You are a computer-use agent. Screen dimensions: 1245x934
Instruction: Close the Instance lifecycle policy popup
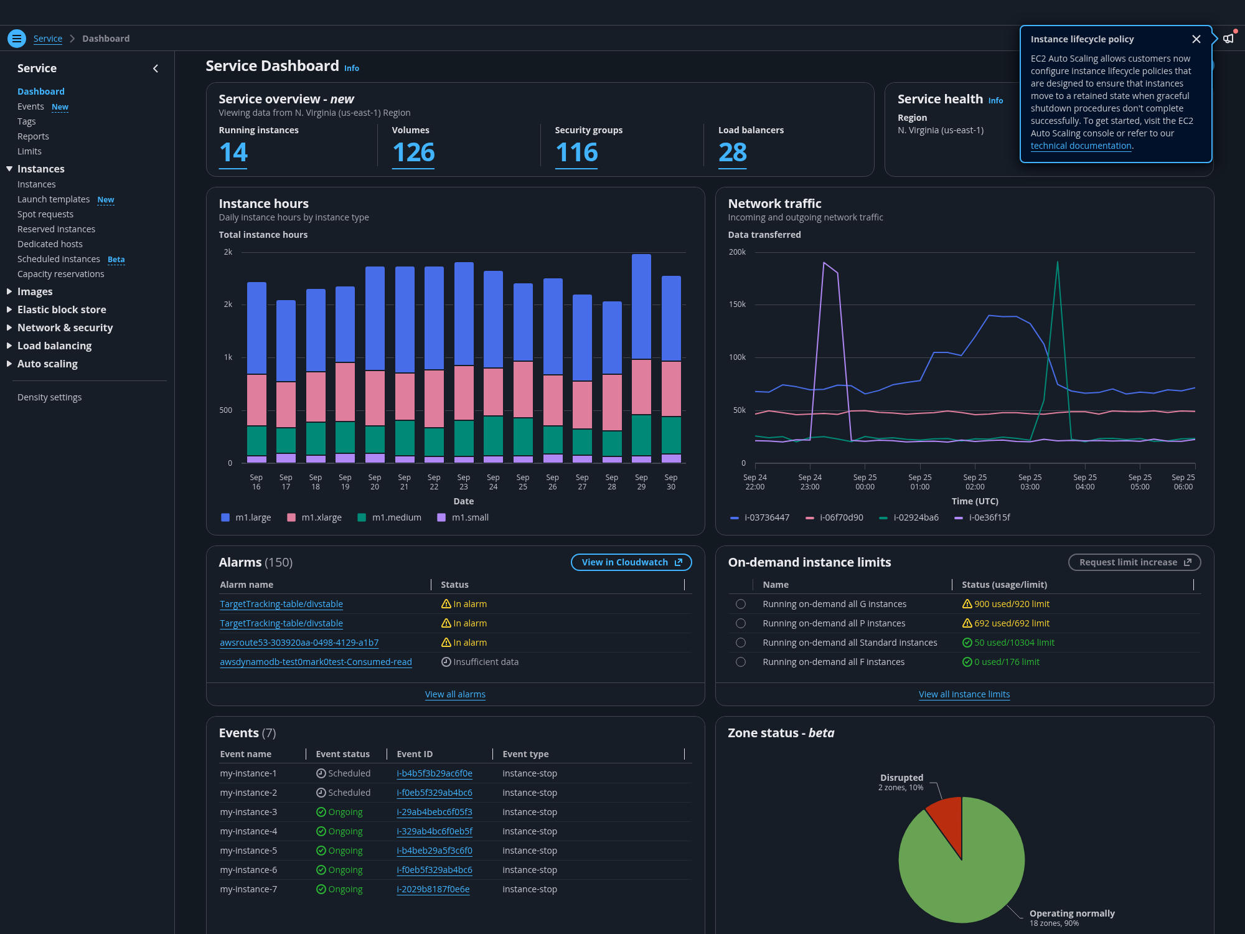1196,39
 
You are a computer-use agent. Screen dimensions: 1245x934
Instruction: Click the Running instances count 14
233,153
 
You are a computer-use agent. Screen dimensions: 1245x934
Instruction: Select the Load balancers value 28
733,153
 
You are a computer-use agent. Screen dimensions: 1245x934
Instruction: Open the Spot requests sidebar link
45,214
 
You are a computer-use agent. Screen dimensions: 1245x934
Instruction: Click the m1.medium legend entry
390,517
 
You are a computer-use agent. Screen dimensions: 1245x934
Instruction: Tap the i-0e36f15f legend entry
982,517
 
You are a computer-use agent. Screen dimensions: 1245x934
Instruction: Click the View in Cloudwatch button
631,562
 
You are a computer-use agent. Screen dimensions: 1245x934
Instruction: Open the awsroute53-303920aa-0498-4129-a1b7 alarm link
299,643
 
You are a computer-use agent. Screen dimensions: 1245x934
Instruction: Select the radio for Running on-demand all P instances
741,623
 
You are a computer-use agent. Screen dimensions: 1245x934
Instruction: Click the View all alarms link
455,694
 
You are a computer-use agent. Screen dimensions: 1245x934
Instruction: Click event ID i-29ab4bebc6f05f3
435,812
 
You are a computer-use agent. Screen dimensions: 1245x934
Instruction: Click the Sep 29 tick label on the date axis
641,482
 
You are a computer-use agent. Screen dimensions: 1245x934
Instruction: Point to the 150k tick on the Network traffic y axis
737,304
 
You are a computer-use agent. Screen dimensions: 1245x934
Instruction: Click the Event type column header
526,754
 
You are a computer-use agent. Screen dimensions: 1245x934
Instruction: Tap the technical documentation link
1081,146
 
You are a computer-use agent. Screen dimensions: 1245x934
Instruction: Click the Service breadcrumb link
48,39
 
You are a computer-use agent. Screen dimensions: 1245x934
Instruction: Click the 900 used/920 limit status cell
1006,604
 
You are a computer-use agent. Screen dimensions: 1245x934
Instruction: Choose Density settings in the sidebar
50,397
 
